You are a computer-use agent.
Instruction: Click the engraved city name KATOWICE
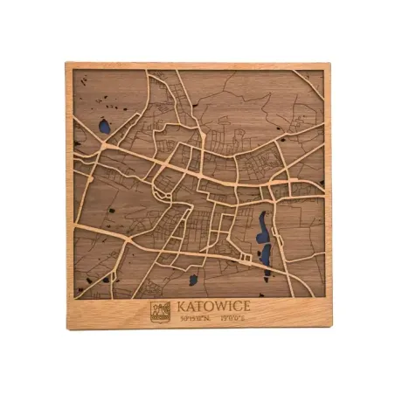coord(213,307)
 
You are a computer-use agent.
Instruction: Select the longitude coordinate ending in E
coord(232,320)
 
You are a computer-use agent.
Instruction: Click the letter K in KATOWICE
coord(182,307)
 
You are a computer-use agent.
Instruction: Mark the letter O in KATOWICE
coord(210,307)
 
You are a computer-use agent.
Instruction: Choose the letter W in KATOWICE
coord(221,307)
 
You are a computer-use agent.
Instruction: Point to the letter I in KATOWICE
coord(230,307)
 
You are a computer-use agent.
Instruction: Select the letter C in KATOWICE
coord(237,307)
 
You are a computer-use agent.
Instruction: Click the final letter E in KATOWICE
coord(246,307)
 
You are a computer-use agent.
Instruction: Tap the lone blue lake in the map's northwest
coord(104,127)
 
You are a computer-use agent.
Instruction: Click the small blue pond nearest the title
coord(193,281)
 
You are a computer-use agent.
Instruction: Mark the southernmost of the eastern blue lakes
coord(265,255)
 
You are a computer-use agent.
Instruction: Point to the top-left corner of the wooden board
coord(66,63)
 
